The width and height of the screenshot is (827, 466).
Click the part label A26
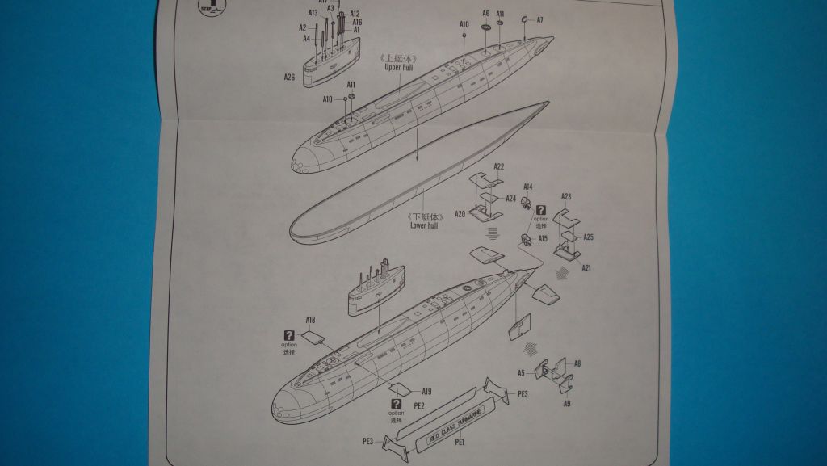coord(289,78)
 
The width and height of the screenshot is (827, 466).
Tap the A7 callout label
coord(539,19)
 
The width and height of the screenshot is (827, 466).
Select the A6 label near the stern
coord(486,14)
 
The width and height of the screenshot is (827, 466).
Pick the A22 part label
coord(499,166)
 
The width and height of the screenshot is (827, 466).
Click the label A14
coord(528,187)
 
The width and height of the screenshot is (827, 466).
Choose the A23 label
coord(566,196)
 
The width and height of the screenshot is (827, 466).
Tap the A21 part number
coord(587,267)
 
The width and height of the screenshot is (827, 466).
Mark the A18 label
coord(311,321)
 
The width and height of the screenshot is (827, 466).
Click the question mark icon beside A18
coord(289,336)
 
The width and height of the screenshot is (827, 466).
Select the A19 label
coord(426,392)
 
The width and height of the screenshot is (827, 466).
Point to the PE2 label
coord(418,404)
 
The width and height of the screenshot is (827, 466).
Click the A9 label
coord(567,402)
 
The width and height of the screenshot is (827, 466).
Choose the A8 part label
coord(577,364)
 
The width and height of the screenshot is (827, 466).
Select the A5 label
coord(522,373)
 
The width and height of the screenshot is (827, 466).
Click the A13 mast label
coord(313,13)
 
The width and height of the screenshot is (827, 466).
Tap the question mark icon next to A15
coord(540,210)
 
